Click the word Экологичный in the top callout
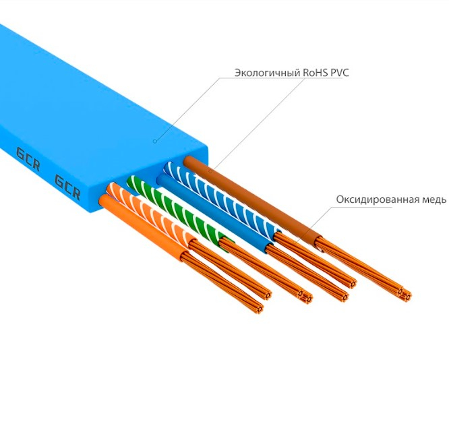[x=266, y=72]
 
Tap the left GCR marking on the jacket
[x=26, y=156]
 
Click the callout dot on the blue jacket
[x=154, y=141]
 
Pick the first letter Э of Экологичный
[x=237, y=72]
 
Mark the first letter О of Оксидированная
[x=339, y=200]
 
